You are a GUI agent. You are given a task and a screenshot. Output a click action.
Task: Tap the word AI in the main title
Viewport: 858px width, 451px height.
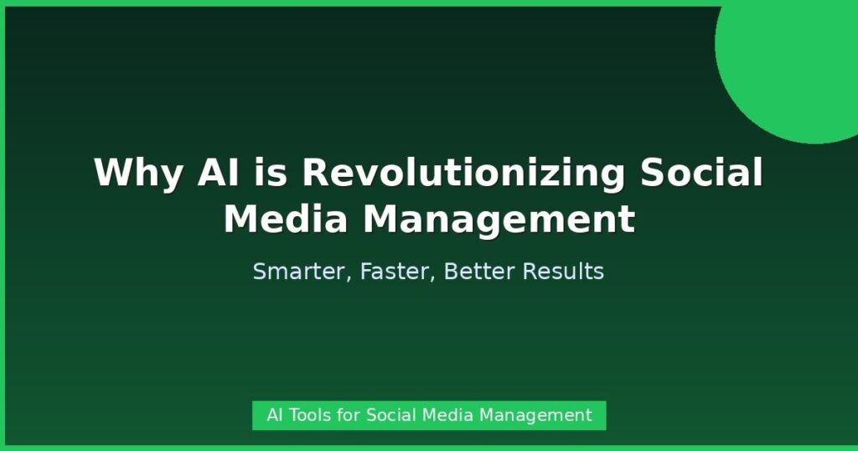pos(219,172)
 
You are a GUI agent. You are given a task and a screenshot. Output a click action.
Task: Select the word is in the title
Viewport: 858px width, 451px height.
pos(271,172)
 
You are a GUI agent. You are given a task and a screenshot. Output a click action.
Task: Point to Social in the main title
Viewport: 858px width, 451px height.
pos(701,172)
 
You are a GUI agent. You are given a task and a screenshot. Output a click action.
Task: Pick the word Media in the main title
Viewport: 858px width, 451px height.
pos(286,219)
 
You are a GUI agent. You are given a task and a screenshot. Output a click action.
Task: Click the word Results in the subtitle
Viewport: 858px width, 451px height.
pos(564,271)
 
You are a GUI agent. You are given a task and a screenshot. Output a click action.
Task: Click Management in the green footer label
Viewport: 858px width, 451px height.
pos(535,416)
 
